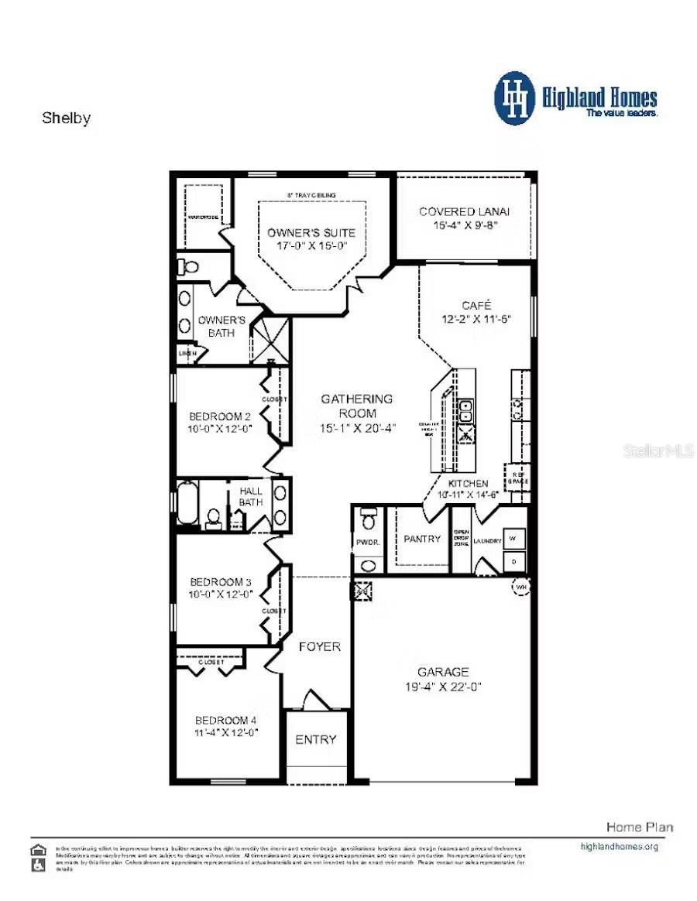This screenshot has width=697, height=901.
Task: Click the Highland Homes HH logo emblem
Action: [x=514, y=98]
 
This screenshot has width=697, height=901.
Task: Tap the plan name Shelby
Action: [x=66, y=118]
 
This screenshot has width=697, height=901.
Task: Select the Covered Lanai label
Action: [x=465, y=211]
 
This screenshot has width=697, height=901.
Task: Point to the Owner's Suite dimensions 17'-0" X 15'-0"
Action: [x=311, y=245]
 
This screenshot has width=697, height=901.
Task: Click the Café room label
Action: [x=476, y=305]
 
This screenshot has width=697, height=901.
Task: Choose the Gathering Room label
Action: [x=357, y=399]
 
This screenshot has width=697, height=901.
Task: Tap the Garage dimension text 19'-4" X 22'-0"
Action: [x=444, y=686]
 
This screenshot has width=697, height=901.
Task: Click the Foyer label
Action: [x=319, y=646]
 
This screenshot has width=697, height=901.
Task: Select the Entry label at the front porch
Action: [x=316, y=739]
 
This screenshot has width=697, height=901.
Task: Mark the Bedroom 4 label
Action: [x=225, y=719]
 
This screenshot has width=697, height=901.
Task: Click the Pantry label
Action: [x=422, y=539]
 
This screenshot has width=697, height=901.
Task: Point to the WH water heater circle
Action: [x=520, y=589]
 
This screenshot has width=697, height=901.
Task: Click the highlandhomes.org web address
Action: [x=619, y=846]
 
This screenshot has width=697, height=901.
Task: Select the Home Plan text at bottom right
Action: [x=639, y=827]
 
